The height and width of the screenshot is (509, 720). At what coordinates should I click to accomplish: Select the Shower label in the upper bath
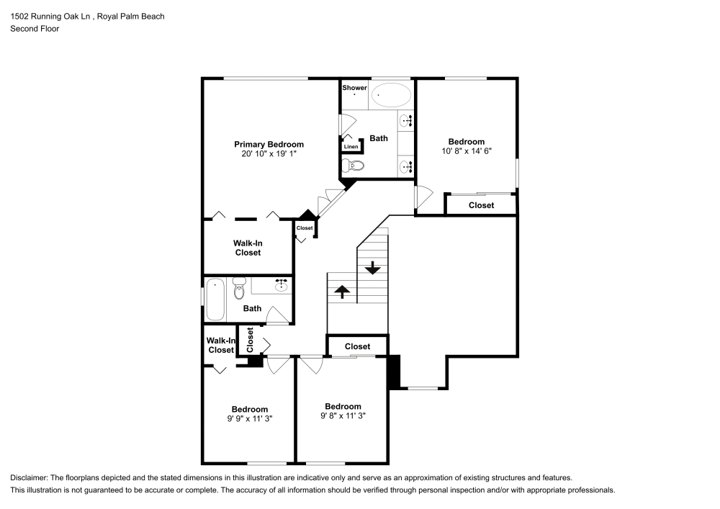354,88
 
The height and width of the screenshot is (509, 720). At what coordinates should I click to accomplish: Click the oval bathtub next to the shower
392,94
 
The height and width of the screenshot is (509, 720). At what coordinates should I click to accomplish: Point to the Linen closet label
351,147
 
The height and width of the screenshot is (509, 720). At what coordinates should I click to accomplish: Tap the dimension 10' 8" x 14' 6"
466,151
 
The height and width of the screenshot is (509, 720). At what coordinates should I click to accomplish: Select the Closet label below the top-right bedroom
481,205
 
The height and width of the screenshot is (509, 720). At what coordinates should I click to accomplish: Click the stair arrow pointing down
372,268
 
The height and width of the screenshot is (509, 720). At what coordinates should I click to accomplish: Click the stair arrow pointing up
342,291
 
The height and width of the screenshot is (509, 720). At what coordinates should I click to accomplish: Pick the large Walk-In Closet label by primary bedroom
247,248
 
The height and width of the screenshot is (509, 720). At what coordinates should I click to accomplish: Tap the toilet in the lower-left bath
240,287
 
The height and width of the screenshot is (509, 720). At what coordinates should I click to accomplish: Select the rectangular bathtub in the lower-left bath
215,299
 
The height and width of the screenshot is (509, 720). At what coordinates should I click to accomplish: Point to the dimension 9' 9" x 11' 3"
250,418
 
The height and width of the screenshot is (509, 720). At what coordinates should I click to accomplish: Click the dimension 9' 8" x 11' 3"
343,415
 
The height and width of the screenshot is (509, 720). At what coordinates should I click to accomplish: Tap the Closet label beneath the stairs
357,346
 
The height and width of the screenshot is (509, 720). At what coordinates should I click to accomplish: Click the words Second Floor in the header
35,29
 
